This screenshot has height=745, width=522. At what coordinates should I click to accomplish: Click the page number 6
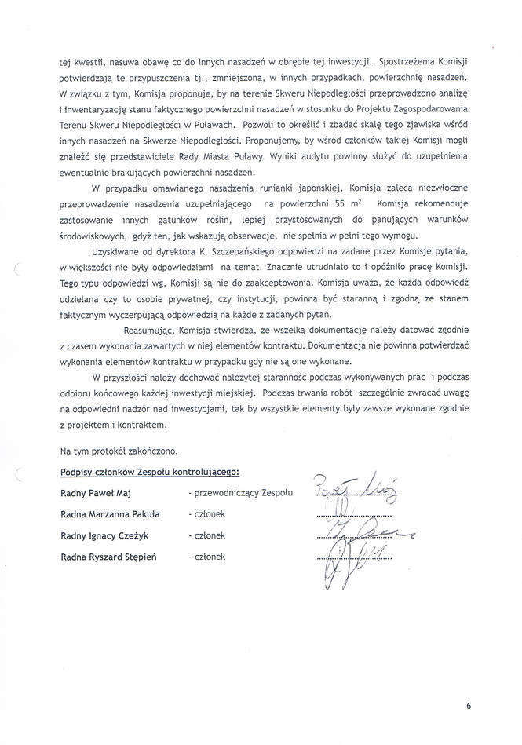[x=469, y=706]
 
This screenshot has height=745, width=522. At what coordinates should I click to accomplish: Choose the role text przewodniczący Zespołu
[x=240, y=493]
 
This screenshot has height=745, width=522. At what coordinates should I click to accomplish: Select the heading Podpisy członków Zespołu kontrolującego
[x=150, y=472]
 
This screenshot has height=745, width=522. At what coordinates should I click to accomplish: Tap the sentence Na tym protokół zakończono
[x=119, y=451]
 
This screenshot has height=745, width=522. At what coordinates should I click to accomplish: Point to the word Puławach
[x=213, y=125]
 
